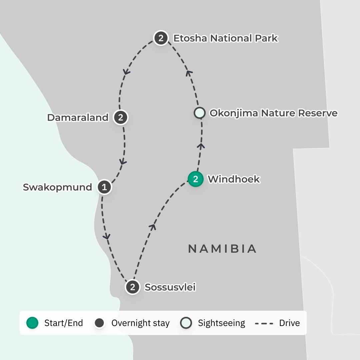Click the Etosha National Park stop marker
click(161, 38)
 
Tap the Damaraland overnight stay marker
click(121, 117)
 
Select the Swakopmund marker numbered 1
click(104, 187)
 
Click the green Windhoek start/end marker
click(196, 179)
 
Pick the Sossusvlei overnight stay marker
click(133, 287)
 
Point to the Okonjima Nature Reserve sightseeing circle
click(199, 113)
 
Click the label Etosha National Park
click(225, 38)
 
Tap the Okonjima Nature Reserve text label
click(273, 113)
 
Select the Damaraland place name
click(78, 118)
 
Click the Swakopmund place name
click(57, 187)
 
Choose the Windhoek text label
click(234, 179)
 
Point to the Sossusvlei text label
click(170, 287)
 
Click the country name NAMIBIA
click(222, 249)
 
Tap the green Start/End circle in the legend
click(32, 323)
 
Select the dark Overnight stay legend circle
click(99, 323)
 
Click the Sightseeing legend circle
click(186, 323)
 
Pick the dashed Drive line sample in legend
click(264, 323)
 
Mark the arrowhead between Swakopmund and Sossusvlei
click(107, 236)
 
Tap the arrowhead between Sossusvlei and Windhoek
click(153, 227)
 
